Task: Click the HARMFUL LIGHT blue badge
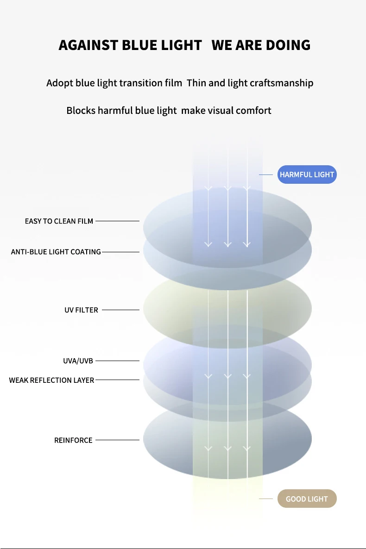point(307,175)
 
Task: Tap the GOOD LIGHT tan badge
point(307,499)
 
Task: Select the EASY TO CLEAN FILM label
point(59,221)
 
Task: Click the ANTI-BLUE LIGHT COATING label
point(56,252)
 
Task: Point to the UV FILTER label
point(81,310)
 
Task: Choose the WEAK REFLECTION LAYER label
point(51,380)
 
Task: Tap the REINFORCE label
point(73,440)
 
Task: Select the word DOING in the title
point(288,45)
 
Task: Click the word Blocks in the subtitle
point(81,111)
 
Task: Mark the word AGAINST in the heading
point(88,45)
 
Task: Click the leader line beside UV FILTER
point(120,310)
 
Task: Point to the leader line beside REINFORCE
point(117,440)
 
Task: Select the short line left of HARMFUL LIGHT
point(265,175)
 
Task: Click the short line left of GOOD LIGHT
point(265,499)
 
